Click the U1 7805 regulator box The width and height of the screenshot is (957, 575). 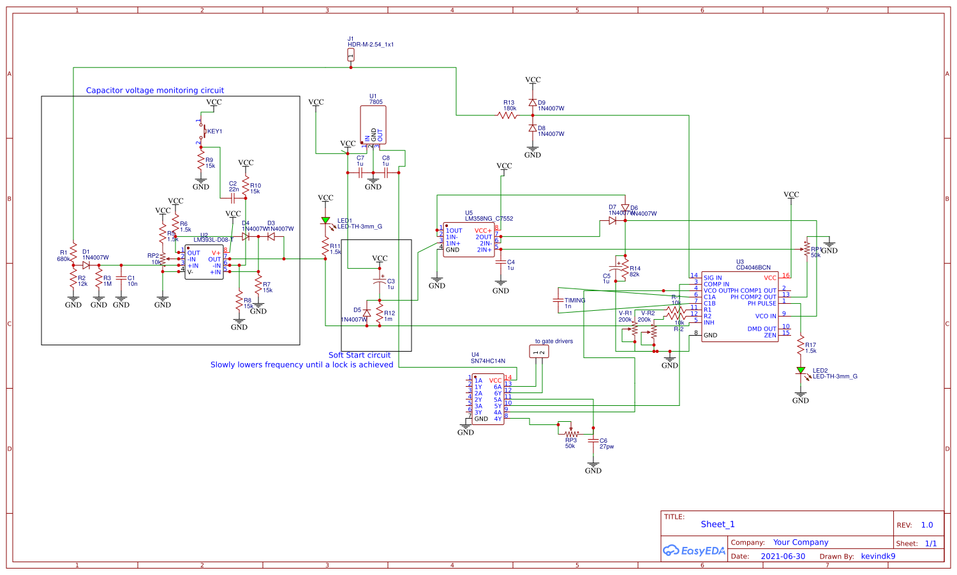pos(373,124)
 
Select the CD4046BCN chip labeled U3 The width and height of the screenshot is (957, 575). pos(739,306)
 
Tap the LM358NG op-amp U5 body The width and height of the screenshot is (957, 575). pos(468,240)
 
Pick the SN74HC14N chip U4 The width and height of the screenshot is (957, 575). pos(487,399)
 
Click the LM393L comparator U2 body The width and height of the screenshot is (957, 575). pos(204,262)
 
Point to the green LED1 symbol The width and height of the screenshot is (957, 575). pos(325,221)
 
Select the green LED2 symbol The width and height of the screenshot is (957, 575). pos(801,370)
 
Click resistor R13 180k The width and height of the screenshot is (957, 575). pos(508,116)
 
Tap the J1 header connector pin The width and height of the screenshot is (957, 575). pos(351,56)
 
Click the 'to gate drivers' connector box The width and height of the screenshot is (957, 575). pos(539,351)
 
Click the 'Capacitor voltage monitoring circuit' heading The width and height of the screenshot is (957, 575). pos(155,91)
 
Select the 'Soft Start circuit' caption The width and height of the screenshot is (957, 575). pos(359,355)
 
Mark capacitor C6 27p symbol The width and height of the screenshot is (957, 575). pos(593,440)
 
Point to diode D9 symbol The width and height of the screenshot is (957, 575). pos(533,103)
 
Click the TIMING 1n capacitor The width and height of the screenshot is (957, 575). pos(558,300)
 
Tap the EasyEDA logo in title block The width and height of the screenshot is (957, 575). pos(694,551)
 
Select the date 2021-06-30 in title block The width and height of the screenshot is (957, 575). pos(783,556)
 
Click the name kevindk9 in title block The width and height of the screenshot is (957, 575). pos(878,556)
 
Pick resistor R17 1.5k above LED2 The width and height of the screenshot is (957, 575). pos(801,347)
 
